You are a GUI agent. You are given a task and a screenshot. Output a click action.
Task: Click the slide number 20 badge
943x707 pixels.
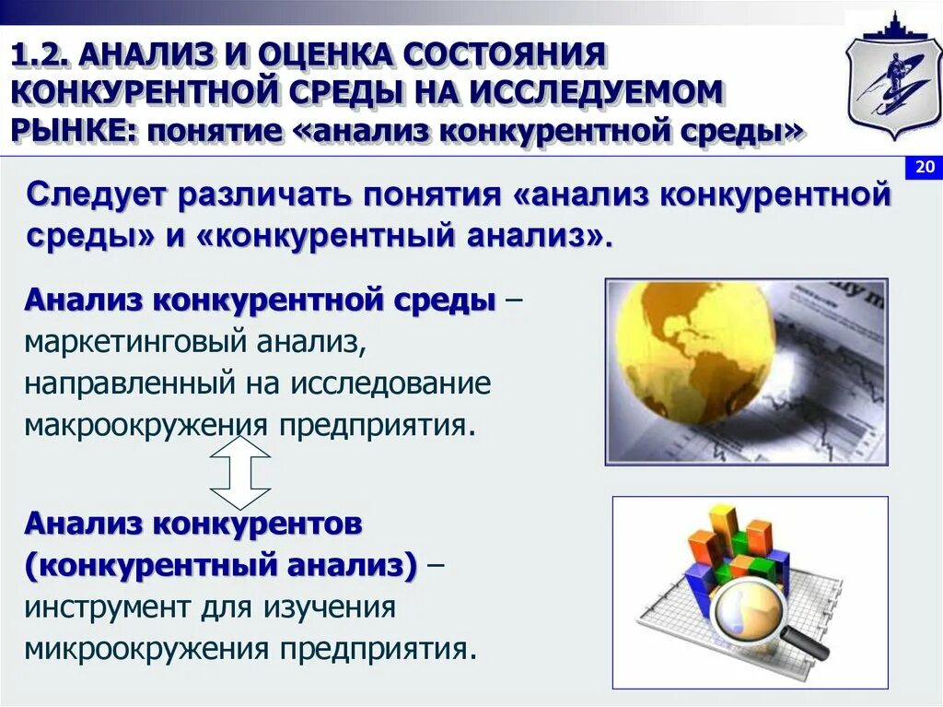pos(924,167)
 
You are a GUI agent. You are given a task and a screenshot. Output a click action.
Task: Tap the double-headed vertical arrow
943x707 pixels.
pos(239,473)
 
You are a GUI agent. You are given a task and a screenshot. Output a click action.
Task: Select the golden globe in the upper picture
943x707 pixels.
pos(694,340)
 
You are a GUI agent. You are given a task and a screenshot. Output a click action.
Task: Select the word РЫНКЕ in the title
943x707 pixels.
pos(70,129)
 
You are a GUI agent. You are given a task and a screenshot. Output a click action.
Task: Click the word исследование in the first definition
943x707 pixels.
pos(392,385)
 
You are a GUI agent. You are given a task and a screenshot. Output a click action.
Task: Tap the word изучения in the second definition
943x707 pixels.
pos(330,608)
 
